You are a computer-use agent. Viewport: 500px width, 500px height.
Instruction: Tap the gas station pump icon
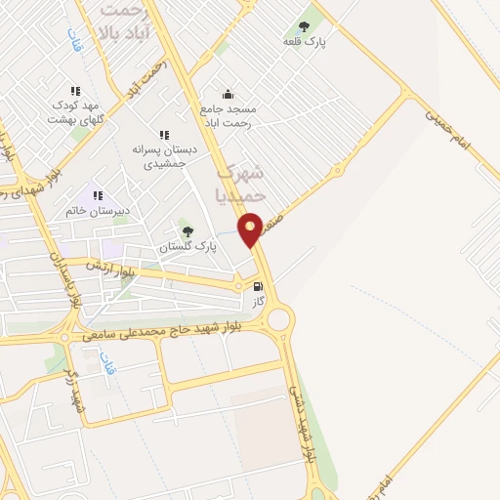click(x=258, y=288)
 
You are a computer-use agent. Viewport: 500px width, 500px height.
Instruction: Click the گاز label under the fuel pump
click(x=259, y=303)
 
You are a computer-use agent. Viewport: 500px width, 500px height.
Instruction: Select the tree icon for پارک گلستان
click(x=187, y=231)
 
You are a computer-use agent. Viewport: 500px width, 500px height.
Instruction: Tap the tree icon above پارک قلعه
click(x=304, y=27)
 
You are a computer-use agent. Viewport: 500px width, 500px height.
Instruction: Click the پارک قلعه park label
click(x=305, y=42)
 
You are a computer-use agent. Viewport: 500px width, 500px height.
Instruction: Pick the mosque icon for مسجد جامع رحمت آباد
click(x=228, y=94)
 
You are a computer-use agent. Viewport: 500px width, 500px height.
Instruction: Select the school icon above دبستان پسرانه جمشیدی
click(x=164, y=135)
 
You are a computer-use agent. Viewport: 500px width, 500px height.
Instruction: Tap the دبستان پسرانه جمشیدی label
click(x=163, y=156)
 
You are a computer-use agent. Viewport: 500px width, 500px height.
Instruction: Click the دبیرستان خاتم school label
click(x=98, y=210)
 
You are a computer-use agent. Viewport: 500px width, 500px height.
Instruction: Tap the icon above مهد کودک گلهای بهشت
click(x=75, y=91)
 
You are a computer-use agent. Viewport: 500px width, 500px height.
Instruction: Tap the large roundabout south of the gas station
click(x=280, y=319)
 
